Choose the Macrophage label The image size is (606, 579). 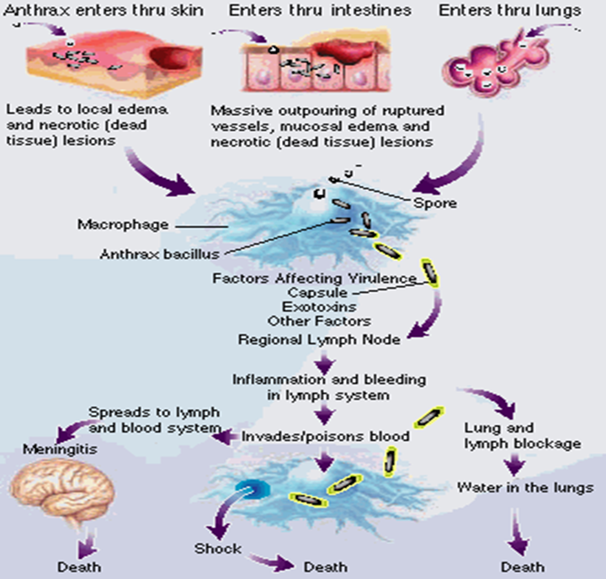pyautogui.click(x=110, y=225)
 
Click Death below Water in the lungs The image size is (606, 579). pyautogui.click(x=522, y=566)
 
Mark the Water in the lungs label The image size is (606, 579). pyautogui.click(x=525, y=487)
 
